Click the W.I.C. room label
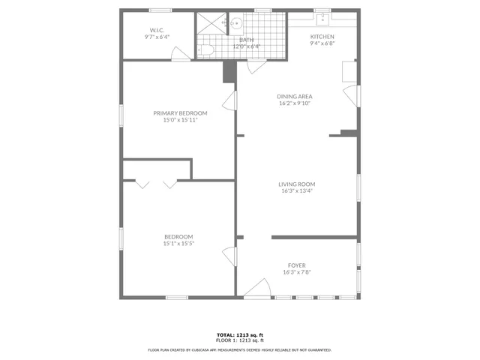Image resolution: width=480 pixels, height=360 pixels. (157, 29)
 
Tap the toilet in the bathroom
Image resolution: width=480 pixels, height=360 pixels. (208, 49)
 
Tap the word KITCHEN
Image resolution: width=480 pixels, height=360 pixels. (322, 37)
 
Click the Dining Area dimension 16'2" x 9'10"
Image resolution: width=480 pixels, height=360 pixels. (294, 103)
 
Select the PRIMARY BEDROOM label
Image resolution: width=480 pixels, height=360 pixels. (180, 113)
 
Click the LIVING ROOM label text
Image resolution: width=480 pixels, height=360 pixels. (296, 184)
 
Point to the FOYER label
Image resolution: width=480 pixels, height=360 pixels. (296, 265)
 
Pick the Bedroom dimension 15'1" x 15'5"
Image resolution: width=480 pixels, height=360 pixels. (179, 243)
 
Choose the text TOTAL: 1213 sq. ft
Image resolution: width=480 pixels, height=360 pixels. (239, 334)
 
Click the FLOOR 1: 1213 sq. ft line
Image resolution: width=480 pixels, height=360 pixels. (239, 340)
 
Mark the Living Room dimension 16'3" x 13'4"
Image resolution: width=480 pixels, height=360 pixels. (296, 190)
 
